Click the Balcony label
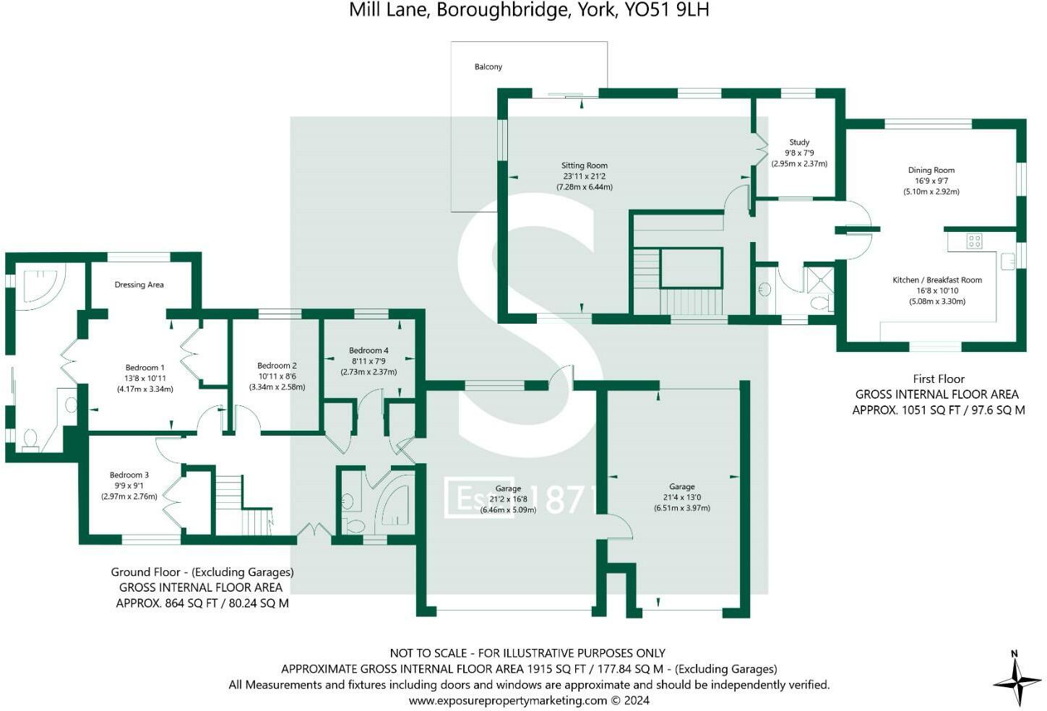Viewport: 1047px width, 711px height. click(488, 67)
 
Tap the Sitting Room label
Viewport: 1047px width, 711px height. click(585, 165)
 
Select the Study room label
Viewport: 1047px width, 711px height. click(799, 142)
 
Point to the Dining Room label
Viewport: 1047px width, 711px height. click(931, 171)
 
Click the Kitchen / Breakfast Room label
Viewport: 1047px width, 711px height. click(937, 280)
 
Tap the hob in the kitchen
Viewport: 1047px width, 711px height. click(974, 241)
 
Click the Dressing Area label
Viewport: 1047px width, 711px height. click(139, 285)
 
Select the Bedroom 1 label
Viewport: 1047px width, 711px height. click(145, 368)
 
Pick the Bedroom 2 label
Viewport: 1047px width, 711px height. click(277, 366)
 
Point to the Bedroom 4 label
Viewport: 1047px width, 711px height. click(369, 350)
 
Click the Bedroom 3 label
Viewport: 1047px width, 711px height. click(129, 475)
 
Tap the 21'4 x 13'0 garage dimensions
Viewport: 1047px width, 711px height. click(682, 497)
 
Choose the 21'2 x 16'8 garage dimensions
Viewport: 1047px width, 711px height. click(509, 499)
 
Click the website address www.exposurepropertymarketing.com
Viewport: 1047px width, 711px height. click(507, 700)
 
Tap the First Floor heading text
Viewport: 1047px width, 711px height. click(939, 379)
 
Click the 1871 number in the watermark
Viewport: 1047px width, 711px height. click(571, 499)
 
